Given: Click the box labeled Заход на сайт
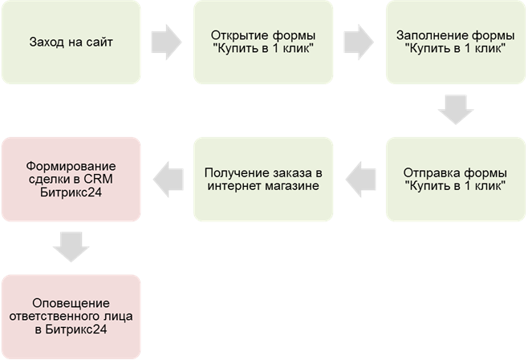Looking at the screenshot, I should [x=70, y=42].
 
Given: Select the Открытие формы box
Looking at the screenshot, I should [x=263, y=42].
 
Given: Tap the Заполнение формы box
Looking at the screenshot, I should [x=456, y=42].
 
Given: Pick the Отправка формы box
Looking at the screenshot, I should [x=456, y=180].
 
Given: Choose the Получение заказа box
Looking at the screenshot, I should [x=263, y=180].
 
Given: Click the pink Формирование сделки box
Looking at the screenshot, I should [x=70, y=180].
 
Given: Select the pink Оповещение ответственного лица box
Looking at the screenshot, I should [x=70, y=317].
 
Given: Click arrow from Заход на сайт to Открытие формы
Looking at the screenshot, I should [x=166, y=42].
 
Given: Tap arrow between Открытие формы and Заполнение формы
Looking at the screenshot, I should [x=359, y=42].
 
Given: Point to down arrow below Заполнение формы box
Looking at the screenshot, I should [x=456, y=110].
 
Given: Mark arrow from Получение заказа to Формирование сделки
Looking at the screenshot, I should [x=167, y=180].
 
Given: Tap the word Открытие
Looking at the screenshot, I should [x=236, y=35].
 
